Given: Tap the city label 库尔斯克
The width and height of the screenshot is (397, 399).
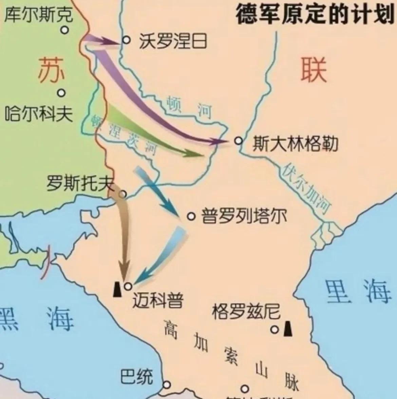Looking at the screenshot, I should pyautogui.click(x=38, y=15).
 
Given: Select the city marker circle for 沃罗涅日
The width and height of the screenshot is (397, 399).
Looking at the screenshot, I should pyautogui.click(x=126, y=40).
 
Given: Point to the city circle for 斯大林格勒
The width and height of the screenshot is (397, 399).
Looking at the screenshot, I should pyautogui.click(x=239, y=140).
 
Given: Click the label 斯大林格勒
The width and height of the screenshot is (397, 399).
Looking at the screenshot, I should pyautogui.click(x=295, y=144).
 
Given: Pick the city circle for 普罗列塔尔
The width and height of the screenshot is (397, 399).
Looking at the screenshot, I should pyautogui.click(x=191, y=216).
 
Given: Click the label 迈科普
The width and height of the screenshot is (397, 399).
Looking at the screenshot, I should pyautogui.click(x=158, y=300).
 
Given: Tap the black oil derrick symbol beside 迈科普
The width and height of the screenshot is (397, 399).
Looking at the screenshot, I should pyautogui.click(x=117, y=289).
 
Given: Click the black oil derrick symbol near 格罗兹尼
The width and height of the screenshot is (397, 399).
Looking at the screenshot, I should pyautogui.click(x=288, y=329).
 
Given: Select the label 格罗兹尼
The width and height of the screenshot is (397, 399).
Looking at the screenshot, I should pyautogui.click(x=246, y=311).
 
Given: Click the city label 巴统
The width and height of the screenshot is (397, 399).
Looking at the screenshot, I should pyautogui.click(x=136, y=376).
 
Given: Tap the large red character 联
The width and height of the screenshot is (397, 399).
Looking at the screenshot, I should pyautogui.click(x=313, y=70).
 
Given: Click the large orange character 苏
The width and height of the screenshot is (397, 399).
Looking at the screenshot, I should pyautogui.click(x=51, y=70).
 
